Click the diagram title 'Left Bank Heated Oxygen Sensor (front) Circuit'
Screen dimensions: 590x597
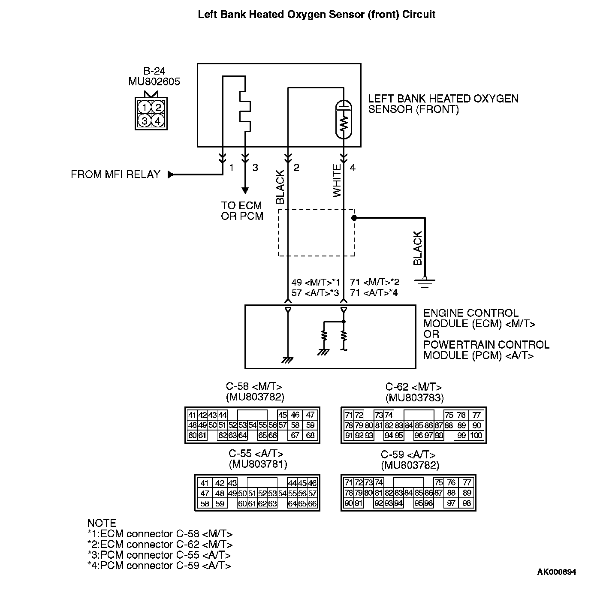pos(317,15)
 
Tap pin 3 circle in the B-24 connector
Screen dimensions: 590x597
pos(145,121)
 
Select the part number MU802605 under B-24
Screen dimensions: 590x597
pos(154,81)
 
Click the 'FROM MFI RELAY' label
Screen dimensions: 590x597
pos(115,175)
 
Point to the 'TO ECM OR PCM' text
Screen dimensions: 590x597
pos(242,211)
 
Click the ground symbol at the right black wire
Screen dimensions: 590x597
pos(425,281)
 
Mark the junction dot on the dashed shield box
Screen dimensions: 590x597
pos(354,218)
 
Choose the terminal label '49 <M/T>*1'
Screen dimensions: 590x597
pos(316,283)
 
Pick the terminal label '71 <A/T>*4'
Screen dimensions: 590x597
pos(374,293)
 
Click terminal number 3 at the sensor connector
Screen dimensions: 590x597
pos(255,168)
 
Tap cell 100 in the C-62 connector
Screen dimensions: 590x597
pos(476,436)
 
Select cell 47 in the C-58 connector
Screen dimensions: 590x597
pos(310,415)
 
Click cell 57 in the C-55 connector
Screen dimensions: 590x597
pos(312,494)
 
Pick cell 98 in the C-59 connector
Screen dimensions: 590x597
pos(467,503)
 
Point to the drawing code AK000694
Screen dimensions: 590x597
pos(556,572)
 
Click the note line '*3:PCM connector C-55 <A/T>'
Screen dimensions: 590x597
pos(159,555)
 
